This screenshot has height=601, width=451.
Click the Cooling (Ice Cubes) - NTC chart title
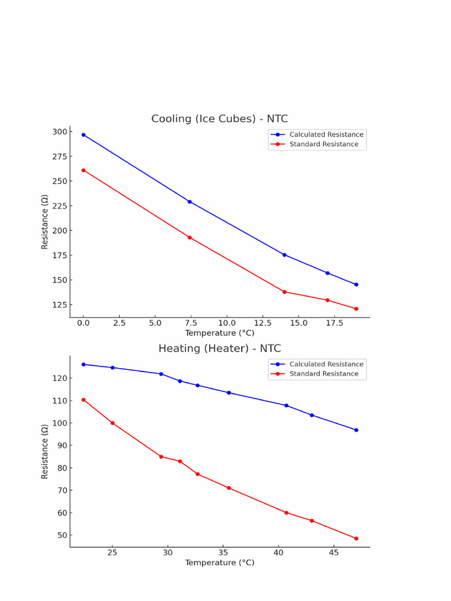coord(220,119)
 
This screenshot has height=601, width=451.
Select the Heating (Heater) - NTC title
coord(220,349)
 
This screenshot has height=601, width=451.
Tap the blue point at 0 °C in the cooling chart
coord(83,134)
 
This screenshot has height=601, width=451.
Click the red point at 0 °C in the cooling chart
coord(83,170)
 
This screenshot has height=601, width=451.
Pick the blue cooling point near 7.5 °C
coord(189,201)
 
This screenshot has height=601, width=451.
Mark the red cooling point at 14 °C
coord(284,292)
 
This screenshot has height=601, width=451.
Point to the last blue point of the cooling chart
coord(356,285)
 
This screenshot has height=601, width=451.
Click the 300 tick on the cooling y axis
coord(59,131)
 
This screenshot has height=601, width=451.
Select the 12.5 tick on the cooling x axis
coord(263,323)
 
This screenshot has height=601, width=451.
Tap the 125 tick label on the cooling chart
coord(59,305)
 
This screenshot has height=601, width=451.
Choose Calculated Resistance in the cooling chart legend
coord(327,134)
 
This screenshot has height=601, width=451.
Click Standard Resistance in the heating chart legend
coord(324,374)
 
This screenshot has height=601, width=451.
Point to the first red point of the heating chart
coord(83,400)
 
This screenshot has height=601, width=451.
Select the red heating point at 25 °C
coord(112,423)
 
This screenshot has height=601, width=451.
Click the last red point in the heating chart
coord(356,538)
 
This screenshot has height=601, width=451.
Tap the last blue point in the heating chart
coord(356,430)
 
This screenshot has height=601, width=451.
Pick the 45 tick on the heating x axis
coord(334,553)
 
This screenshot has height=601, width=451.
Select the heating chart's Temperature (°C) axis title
coord(220,563)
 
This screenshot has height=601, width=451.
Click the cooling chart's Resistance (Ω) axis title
coord(45,222)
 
